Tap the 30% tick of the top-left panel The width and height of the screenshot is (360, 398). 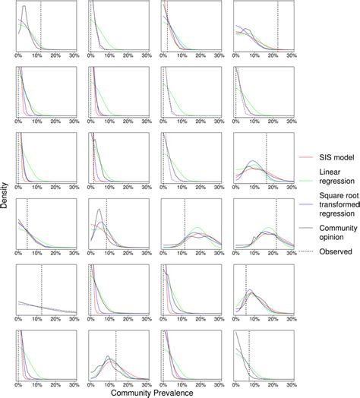pyautogui.click(x=73, y=55)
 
